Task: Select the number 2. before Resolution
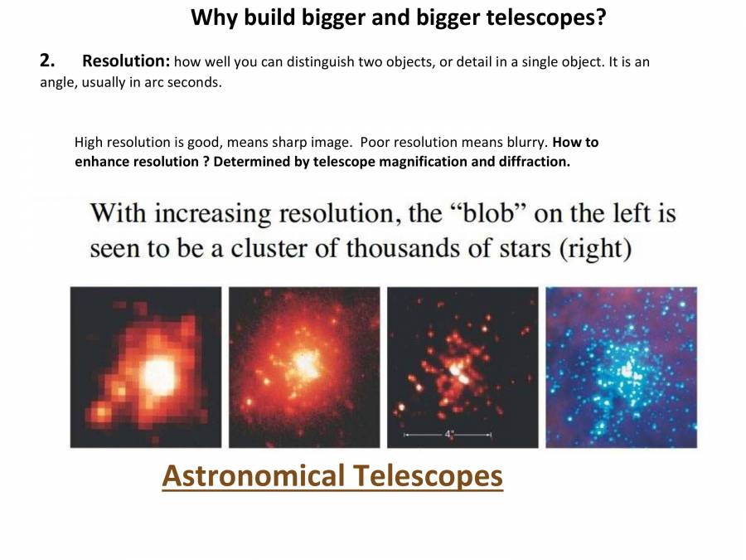[47, 61]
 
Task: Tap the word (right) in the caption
[596, 249]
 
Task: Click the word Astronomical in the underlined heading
[253, 476]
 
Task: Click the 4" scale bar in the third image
[448, 434]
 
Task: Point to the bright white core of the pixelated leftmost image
[157, 375]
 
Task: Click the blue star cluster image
[621, 368]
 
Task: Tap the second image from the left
[304, 368]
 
